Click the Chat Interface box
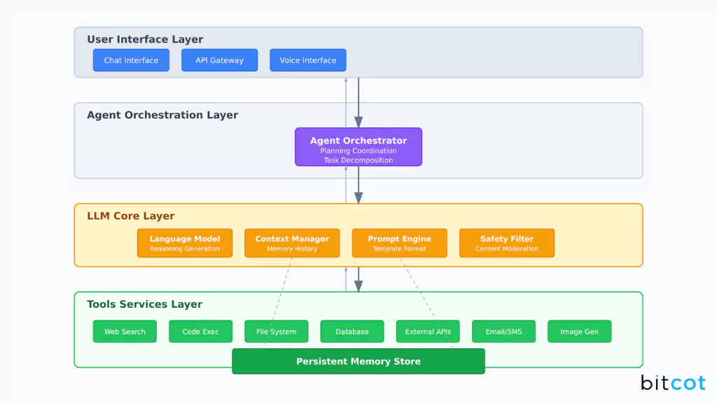pyautogui.click(x=131, y=60)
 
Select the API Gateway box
pyautogui.click(x=219, y=60)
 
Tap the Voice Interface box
pyautogui.click(x=307, y=60)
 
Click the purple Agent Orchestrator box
pyautogui.click(x=358, y=146)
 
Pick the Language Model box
pyautogui.click(x=184, y=243)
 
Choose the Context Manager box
pyautogui.click(x=291, y=243)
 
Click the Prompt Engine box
pyautogui.click(x=399, y=243)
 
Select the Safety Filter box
pyautogui.click(x=506, y=243)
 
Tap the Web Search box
pyautogui.click(x=125, y=332)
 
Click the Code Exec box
pyautogui.click(x=200, y=332)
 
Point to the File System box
pyautogui.click(x=276, y=332)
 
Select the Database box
pyautogui.click(x=351, y=332)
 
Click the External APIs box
pyautogui.click(x=427, y=332)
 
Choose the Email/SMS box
pyautogui.click(x=503, y=332)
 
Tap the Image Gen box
pyautogui.click(x=579, y=332)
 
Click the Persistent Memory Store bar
pyautogui.click(x=358, y=361)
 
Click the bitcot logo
pyautogui.click(x=672, y=383)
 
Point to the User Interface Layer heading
pyautogui.click(x=145, y=39)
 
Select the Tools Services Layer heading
pyautogui.click(x=144, y=304)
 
